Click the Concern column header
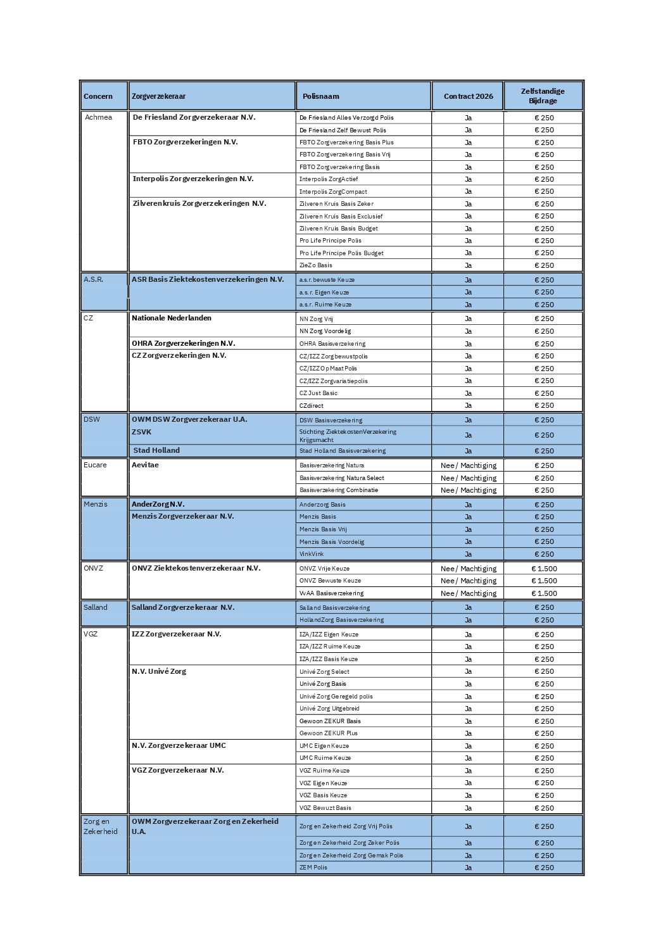click(x=98, y=96)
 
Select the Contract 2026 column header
click(x=468, y=96)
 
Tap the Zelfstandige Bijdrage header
click(x=543, y=96)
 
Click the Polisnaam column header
click(x=320, y=96)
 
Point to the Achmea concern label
click(x=98, y=117)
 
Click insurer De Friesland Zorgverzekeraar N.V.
click(x=194, y=117)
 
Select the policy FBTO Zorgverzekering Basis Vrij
click(x=344, y=155)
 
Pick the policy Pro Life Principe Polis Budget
click(x=341, y=253)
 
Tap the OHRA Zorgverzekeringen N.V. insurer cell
click(x=183, y=343)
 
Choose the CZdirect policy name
click(x=312, y=406)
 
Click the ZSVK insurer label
click(x=141, y=432)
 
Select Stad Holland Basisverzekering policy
click(x=342, y=451)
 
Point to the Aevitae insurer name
click(x=145, y=465)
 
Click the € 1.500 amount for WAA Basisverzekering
click(x=544, y=593)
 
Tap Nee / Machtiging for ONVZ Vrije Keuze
click(x=468, y=569)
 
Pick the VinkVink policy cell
click(x=312, y=554)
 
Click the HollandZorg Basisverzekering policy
click(x=341, y=620)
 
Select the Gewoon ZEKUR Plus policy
click(x=328, y=733)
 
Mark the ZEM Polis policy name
click(x=313, y=868)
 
